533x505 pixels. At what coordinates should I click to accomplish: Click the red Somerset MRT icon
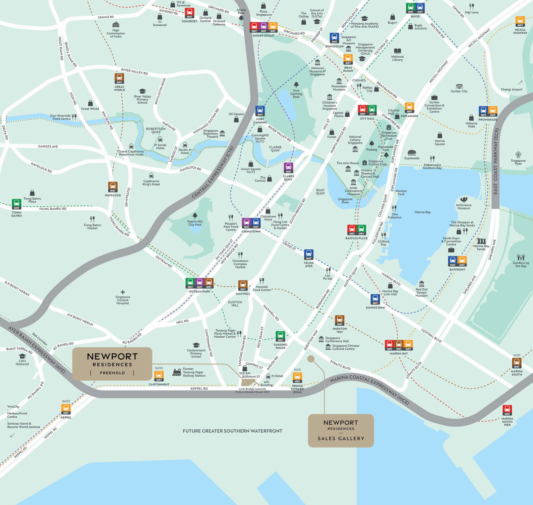pos(190,13)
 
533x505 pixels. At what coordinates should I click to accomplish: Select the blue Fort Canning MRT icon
pos(260,111)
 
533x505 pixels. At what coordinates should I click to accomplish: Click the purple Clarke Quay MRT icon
pos(288,168)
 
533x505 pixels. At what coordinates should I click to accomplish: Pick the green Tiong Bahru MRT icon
pos(16,204)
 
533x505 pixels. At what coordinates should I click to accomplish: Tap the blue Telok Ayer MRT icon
pos(309,254)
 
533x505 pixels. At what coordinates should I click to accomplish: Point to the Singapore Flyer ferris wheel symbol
pos(518,155)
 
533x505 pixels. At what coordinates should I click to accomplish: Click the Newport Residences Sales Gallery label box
pos(341,430)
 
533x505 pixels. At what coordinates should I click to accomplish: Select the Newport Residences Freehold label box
pos(112,364)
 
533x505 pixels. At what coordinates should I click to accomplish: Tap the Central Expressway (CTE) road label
pos(213,172)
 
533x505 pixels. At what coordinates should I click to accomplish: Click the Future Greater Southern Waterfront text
pos(232,431)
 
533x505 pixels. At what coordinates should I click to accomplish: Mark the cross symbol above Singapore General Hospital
pos(123,292)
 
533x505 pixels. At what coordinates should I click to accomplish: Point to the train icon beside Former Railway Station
pos(177,372)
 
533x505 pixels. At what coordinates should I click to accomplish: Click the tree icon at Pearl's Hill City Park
pos(195,216)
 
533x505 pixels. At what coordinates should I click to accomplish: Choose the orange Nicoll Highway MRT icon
pos(520,21)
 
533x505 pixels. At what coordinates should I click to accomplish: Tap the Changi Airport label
pos(511,89)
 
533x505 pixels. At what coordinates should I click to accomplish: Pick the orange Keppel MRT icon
pos(66,409)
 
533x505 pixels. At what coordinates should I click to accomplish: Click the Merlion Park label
pos(401,193)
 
